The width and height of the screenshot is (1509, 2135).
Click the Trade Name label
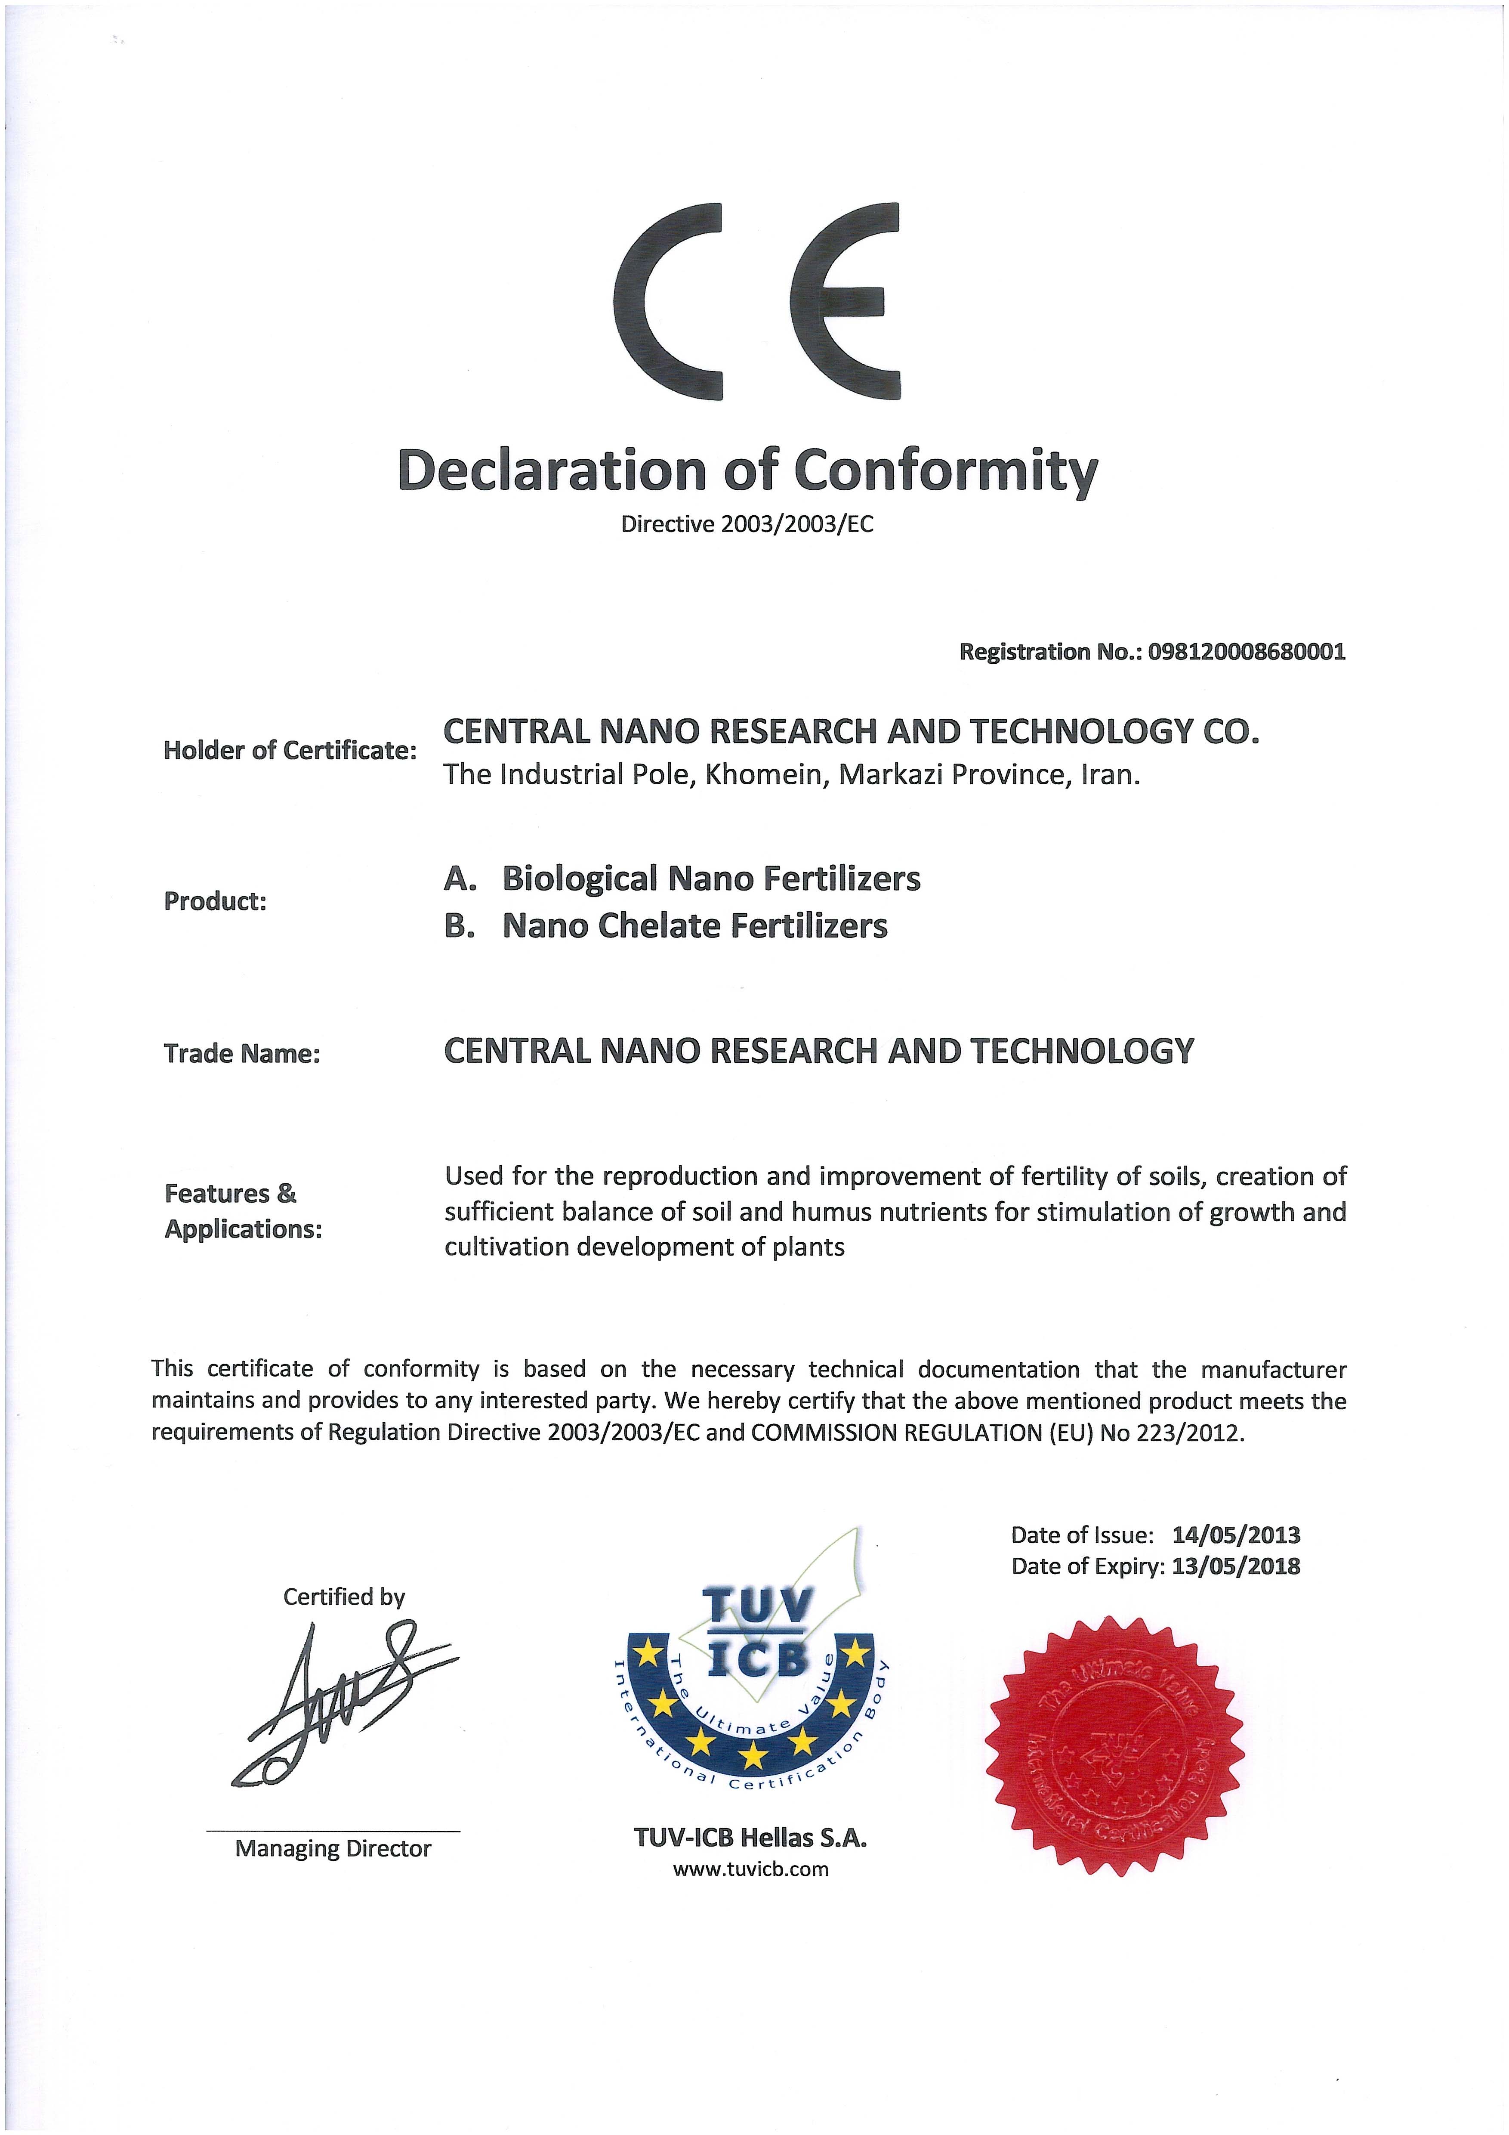pos(242,1054)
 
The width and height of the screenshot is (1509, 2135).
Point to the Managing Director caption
pos(333,1849)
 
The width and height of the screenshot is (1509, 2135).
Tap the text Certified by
pos(344,1597)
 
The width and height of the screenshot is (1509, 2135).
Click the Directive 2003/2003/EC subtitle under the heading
pos(747,524)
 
